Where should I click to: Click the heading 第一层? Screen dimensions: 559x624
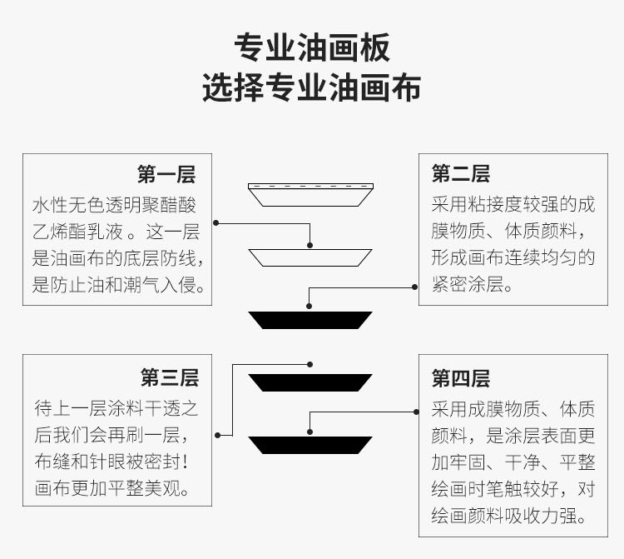click(166, 175)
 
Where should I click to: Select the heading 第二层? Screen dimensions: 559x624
click(460, 174)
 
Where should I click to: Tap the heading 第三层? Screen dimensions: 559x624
click(169, 378)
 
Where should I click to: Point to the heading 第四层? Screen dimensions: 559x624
click(460, 379)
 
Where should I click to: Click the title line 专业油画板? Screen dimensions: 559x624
click(311, 47)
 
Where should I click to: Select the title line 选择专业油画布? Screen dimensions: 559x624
click(311, 87)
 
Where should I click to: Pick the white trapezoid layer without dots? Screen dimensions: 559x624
click(310, 257)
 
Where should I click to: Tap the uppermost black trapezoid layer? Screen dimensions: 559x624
click(310, 319)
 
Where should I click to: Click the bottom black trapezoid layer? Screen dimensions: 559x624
click(310, 444)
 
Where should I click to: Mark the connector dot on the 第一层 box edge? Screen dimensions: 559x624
click(216, 223)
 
